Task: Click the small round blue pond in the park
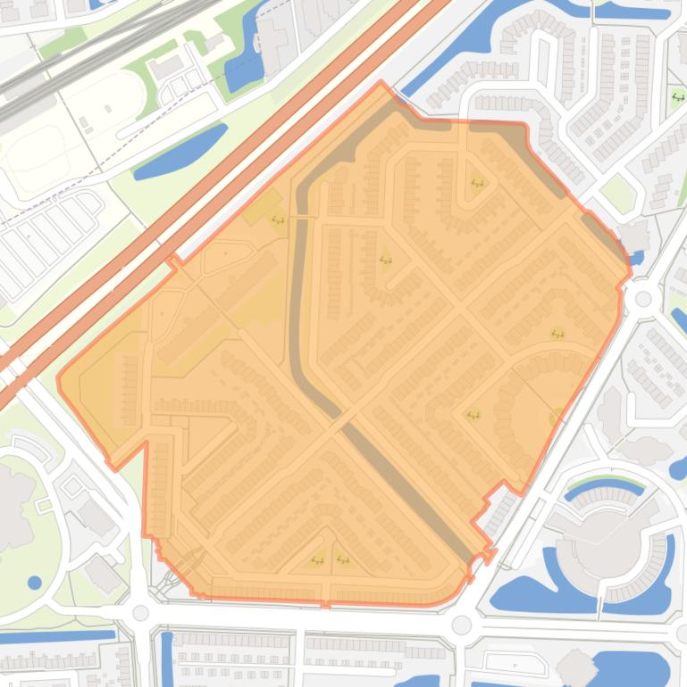pos(34,583)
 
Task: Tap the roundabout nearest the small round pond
pos(140,613)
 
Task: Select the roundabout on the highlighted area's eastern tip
pos(641,299)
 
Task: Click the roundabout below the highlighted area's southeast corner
pos(461,624)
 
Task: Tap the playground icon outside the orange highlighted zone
pos(677,96)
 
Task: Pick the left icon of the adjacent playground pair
pos(316,560)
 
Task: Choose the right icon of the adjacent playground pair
pos(342,560)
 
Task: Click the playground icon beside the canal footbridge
pos(278,219)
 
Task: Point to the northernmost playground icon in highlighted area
pos(476,184)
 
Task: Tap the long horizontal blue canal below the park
pos(54,637)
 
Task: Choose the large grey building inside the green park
pos(18,500)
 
